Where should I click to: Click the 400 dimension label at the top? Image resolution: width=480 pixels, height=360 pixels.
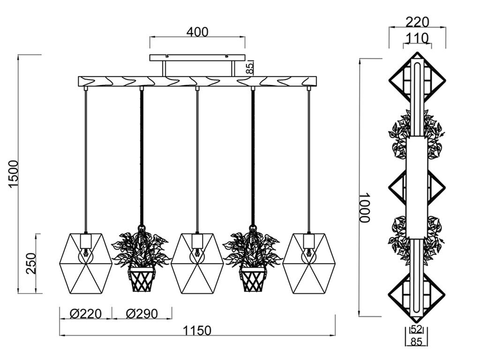click(x=197, y=32)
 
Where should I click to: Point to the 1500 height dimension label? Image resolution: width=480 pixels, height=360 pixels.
click(x=14, y=174)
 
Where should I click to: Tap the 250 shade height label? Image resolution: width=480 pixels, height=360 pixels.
click(x=31, y=263)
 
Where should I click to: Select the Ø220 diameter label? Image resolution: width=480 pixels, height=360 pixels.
click(x=86, y=314)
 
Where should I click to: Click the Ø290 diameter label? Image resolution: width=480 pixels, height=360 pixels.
click(x=142, y=314)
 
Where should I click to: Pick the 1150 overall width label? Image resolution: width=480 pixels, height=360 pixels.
click(x=197, y=330)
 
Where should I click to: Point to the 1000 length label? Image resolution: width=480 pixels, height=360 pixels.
click(x=365, y=207)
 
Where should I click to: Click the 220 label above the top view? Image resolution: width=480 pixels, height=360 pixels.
click(x=418, y=22)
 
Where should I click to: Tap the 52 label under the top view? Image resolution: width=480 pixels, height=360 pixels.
click(x=416, y=330)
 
